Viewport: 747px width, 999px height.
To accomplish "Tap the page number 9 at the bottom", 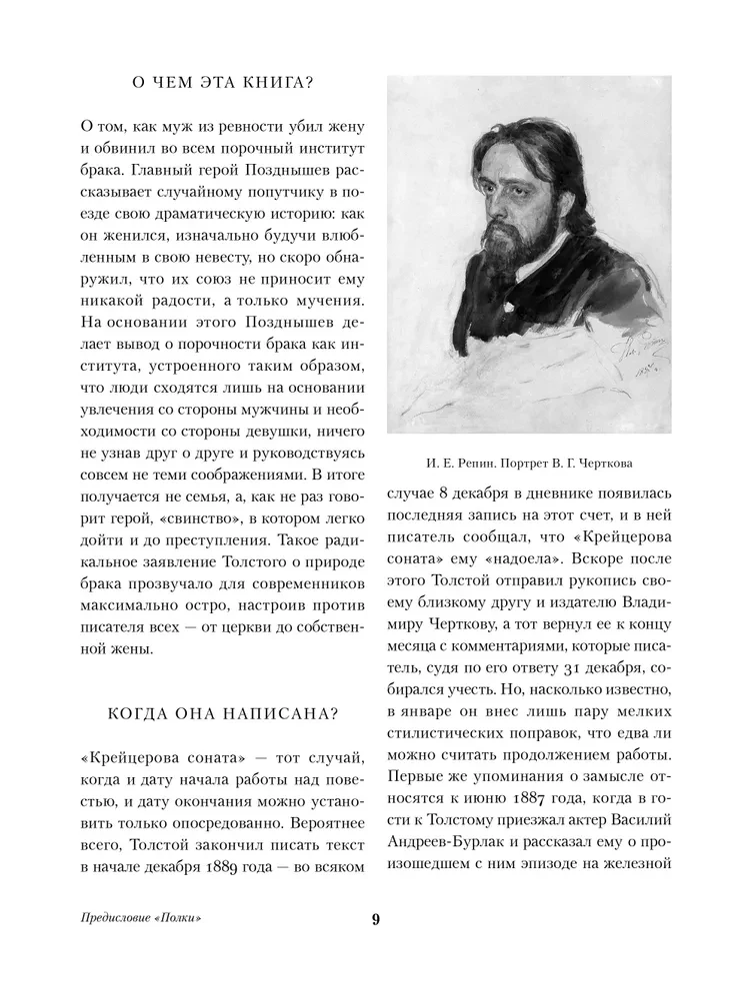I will pos(375,919).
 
